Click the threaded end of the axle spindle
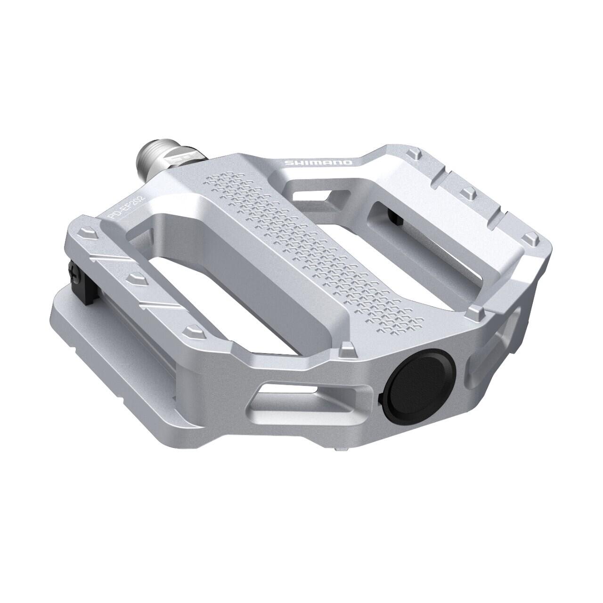point(150,160)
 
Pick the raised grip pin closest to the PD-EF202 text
point(88,233)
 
